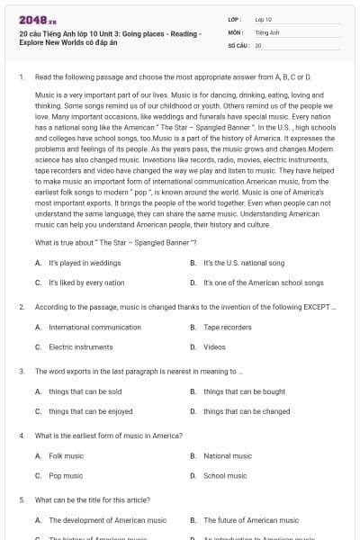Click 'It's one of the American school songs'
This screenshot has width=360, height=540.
(263, 283)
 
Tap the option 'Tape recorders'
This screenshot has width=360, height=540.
(228, 327)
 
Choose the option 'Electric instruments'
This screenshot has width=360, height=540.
(85, 346)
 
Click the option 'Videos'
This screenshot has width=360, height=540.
(214, 346)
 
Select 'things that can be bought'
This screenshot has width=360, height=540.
(244, 391)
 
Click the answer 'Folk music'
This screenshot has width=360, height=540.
(66, 455)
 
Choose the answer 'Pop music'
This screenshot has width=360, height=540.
(66, 475)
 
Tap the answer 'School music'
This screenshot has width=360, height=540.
(225, 475)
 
